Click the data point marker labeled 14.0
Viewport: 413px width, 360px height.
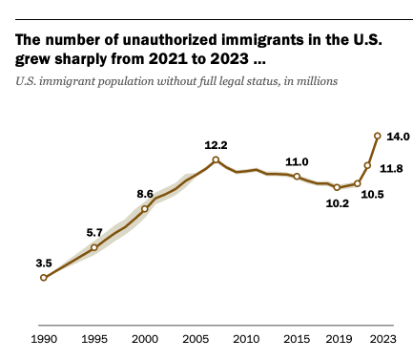click(x=378, y=136)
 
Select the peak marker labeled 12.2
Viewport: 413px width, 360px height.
click(x=216, y=159)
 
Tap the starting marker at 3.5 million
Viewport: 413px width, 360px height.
click(x=43, y=277)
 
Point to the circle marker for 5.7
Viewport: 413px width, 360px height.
click(x=93, y=247)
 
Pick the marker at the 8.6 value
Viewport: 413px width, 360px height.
click(x=145, y=208)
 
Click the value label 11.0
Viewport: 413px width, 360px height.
click(x=298, y=161)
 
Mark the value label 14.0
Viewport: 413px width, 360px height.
click(x=399, y=138)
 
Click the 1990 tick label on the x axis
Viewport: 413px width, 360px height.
click(x=43, y=338)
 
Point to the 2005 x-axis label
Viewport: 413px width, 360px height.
click(x=196, y=338)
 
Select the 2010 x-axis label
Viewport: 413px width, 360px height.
click(x=246, y=338)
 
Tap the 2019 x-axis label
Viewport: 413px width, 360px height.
click(x=337, y=338)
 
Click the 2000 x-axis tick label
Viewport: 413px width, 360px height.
click(x=145, y=338)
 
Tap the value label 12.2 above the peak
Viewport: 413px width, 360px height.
click(x=216, y=143)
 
